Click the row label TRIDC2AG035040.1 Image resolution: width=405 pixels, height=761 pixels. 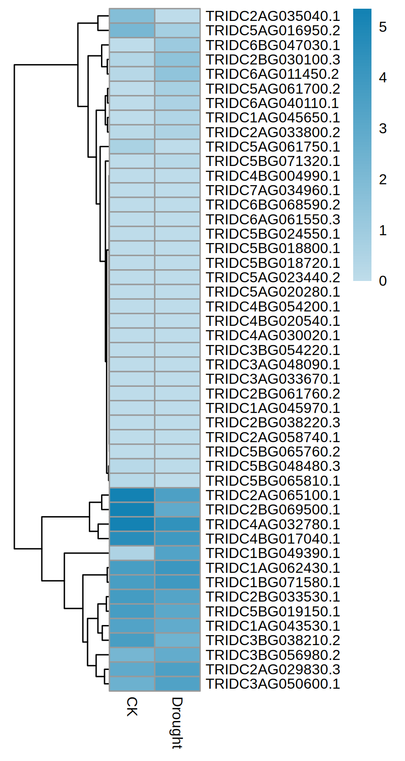[273, 16]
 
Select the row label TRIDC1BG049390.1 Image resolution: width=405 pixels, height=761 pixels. [273, 553]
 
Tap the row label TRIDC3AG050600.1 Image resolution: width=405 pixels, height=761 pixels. [273, 684]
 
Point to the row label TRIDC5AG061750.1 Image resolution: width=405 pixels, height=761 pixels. [273, 147]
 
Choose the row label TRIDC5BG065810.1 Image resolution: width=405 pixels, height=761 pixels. [273, 481]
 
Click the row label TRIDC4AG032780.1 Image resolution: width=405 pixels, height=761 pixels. [273, 524]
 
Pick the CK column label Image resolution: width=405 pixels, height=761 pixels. [132, 706]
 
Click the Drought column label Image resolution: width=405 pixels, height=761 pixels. [177, 723]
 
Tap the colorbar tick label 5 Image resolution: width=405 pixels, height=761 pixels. [383, 27]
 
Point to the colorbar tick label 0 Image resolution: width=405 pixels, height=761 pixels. [383, 281]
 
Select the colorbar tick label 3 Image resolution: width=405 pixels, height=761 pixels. [383, 129]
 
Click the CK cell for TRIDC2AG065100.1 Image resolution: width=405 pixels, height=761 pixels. [132, 495]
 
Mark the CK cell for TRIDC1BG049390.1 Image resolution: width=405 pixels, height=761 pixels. [132, 553]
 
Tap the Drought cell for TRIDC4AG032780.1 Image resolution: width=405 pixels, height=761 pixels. [177, 524]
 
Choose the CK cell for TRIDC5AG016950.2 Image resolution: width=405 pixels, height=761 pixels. [132, 30]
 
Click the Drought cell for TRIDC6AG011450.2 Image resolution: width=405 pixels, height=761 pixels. [177, 74]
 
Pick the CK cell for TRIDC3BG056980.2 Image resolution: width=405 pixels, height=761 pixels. [132, 655]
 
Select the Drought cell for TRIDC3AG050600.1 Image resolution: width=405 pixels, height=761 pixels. [177, 684]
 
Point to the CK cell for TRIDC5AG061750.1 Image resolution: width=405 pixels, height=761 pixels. [132, 147]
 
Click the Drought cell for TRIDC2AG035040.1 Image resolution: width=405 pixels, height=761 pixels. [177, 16]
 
